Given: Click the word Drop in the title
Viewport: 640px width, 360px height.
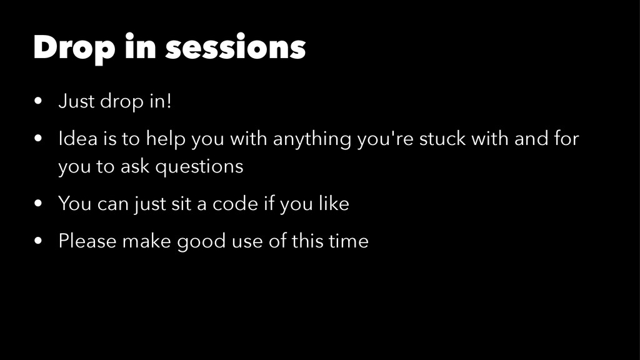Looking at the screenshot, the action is click(74, 48).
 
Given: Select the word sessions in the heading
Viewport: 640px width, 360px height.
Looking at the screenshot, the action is click(236, 47).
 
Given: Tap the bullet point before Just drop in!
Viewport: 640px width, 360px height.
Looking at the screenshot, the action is click(38, 101).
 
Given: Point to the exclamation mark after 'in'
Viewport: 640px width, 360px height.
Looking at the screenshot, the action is click(169, 101).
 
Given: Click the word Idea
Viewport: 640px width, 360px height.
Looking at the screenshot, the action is click(78, 138).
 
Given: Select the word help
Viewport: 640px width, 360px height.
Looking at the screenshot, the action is click(166, 139).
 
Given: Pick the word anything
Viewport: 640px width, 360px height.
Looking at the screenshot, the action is click(312, 139).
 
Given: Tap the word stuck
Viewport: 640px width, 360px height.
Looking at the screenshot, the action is click(442, 138).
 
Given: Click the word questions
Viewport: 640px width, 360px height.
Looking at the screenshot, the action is click(199, 167).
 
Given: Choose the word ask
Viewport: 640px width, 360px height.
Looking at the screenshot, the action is click(135, 166).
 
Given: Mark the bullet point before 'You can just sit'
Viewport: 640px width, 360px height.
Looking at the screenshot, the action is click(38, 203).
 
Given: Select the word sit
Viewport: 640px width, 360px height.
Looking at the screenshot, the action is click(181, 203).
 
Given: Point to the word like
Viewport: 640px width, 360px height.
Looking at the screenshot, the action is click(334, 203).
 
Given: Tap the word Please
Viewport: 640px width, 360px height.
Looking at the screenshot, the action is click(87, 241).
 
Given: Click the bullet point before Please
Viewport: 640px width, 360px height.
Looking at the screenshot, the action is click(38, 241).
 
